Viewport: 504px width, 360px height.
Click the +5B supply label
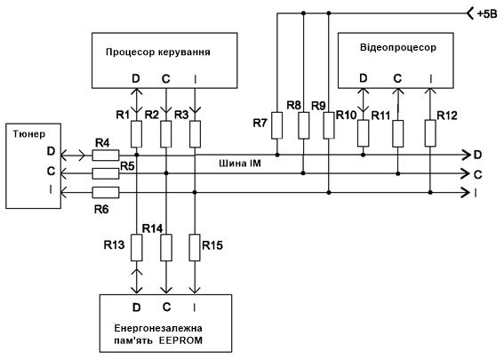(x=486, y=14)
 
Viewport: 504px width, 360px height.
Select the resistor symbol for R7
(x=276, y=125)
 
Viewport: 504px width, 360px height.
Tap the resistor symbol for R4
(x=106, y=156)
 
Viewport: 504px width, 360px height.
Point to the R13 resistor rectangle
(x=137, y=247)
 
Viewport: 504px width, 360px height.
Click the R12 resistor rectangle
(x=430, y=133)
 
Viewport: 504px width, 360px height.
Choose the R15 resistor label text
(x=212, y=245)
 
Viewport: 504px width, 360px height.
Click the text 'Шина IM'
(x=240, y=164)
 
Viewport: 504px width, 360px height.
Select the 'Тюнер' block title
(x=29, y=133)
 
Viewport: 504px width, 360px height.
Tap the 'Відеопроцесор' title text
(x=398, y=47)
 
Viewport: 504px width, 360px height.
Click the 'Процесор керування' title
(x=158, y=52)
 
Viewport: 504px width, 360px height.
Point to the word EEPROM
(x=180, y=340)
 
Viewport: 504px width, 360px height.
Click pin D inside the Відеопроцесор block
(x=364, y=78)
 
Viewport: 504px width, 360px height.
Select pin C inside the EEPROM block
(x=166, y=308)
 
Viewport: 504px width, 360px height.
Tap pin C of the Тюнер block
(x=51, y=171)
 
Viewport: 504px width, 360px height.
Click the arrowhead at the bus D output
(x=466, y=155)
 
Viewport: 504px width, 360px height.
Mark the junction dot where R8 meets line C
(x=303, y=173)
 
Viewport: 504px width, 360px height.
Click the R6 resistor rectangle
(x=106, y=193)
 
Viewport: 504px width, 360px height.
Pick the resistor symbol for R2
(x=166, y=134)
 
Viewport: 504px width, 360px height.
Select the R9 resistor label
(x=318, y=106)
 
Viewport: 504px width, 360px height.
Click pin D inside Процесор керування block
(x=136, y=78)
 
